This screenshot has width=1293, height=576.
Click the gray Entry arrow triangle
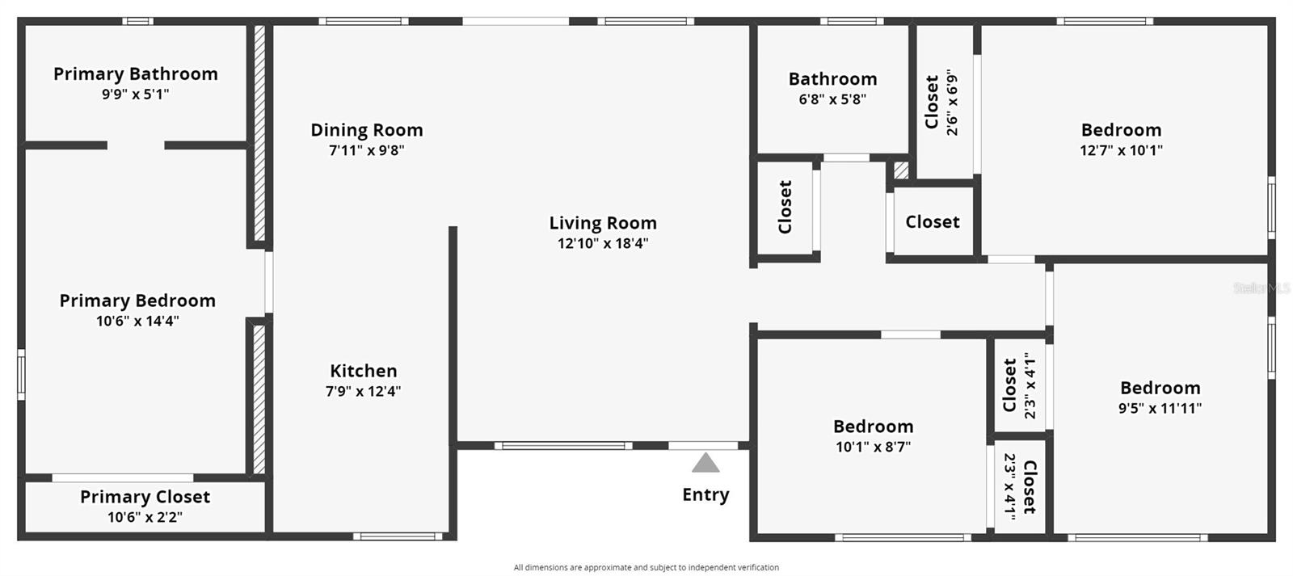click(705, 463)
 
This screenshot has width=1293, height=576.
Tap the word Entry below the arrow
click(705, 494)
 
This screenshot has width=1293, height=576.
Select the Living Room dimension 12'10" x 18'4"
click(603, 243)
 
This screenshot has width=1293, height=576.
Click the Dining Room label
click(367, 130)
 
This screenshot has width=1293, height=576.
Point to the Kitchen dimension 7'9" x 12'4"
click(363, 391)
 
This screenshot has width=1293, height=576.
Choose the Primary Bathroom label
click(136, 74)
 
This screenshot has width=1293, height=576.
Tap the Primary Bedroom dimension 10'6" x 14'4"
click(137, 321)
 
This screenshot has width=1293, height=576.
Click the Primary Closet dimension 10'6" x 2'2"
click(145, 517)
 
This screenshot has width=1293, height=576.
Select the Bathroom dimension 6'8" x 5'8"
click(832, 99)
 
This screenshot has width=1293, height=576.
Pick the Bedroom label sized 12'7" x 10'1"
click(1121, 130)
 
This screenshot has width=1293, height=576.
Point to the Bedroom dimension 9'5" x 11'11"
click(1160, 408)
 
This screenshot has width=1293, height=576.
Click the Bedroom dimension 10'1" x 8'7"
click(874, 447)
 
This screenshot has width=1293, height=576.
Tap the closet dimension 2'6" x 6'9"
click(953, 102)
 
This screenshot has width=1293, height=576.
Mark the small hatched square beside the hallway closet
click(901, 170)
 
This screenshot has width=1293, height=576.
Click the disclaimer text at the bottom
click(646, 567)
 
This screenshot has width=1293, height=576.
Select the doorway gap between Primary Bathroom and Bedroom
click(136, 145)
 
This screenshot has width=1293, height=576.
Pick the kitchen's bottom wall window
click(398, 536)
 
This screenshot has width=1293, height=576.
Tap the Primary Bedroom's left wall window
click(21, 374)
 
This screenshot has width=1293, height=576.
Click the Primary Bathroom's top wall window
click(138, 21)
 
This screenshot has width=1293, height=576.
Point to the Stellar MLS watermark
click(1261, 288)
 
